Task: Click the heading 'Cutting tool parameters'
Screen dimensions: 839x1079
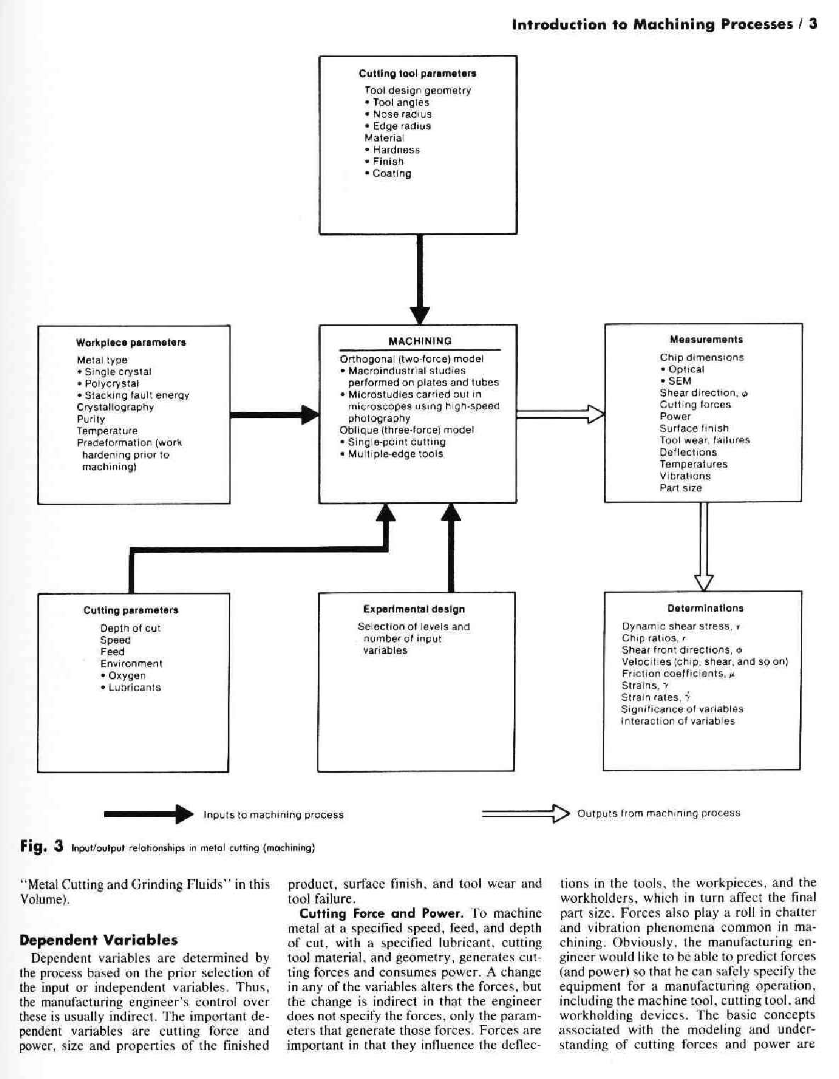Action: coord(418,74)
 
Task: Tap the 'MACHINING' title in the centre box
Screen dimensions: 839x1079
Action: coord(420,341)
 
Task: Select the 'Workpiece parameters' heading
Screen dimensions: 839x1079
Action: coord(131,342)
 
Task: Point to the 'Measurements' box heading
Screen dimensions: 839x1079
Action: coord(706,340)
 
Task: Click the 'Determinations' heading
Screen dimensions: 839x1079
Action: coord(705,609)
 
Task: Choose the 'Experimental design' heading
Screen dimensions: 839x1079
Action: coord(414,609)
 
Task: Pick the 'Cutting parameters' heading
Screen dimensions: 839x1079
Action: coord(131,610)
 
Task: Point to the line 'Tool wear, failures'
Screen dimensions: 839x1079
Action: coord(705,440)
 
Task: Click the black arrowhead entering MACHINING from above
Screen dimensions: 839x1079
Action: coord(420,315)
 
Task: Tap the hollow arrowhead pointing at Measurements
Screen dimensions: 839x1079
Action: coord(596,414)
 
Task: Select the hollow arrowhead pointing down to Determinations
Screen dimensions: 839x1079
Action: coord(704,583)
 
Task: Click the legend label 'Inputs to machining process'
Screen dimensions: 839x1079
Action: coord(274,815)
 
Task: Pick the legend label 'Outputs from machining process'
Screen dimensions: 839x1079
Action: coord(659,813)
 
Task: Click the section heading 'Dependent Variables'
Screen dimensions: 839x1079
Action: coord(99,940)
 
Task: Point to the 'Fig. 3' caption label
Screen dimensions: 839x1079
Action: coord(41,846)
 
